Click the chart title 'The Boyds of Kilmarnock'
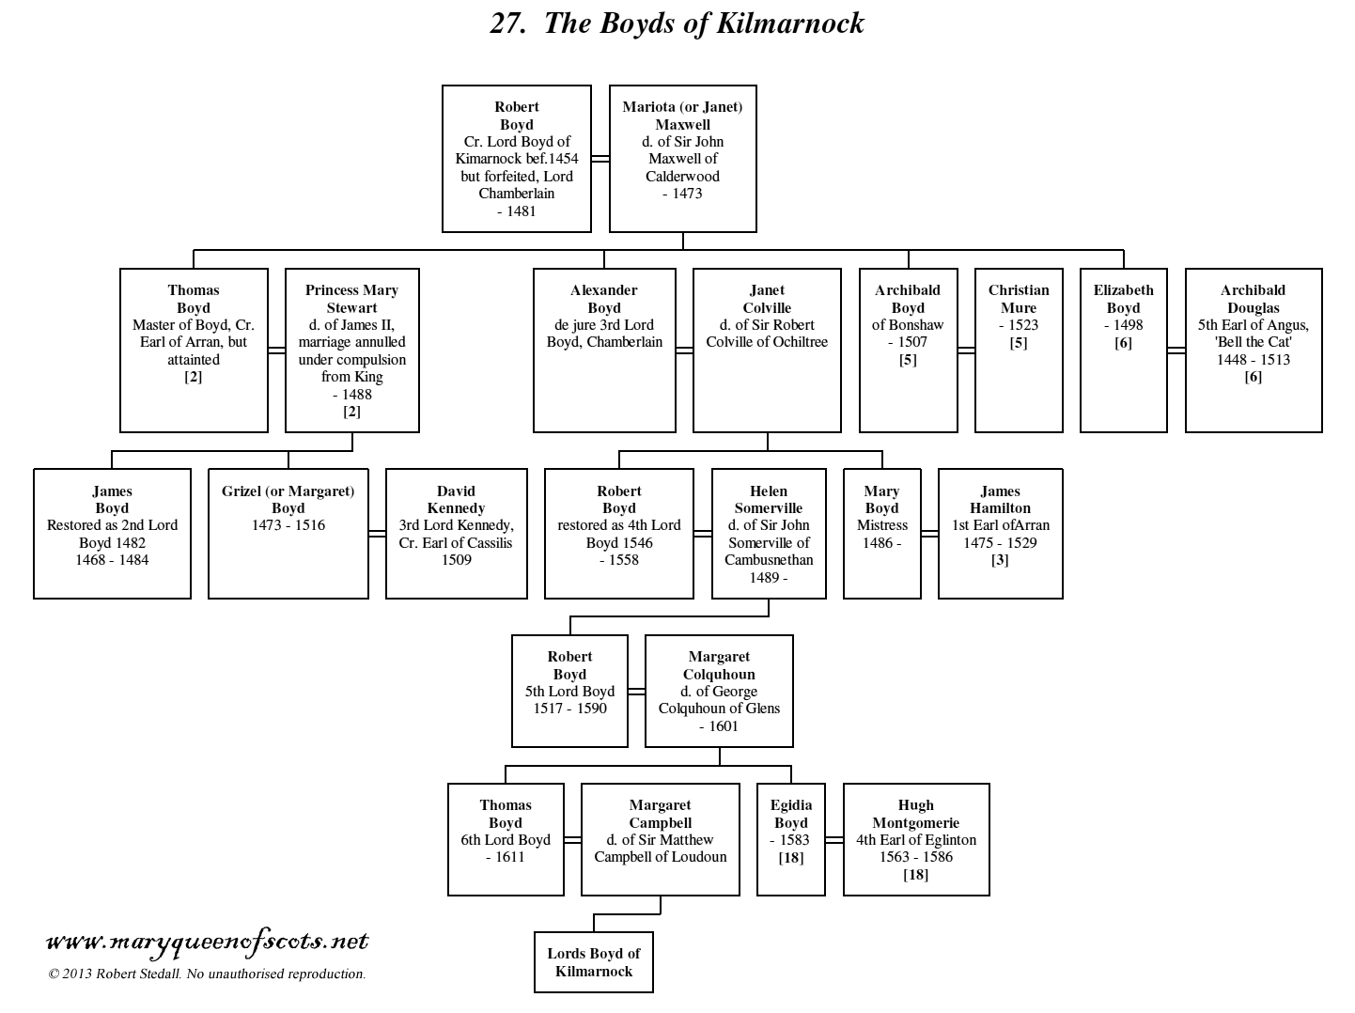[677, 23]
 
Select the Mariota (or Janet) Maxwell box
[682, 158]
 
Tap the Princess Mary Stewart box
[351, 350]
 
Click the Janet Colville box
[767, 350]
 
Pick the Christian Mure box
[1019, 350]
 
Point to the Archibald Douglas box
[1253, 350]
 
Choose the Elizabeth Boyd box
[1123, 350]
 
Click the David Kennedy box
[456, 533]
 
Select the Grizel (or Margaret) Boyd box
[288, 533]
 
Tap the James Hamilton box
[1000, 533]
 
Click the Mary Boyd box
[881, 533]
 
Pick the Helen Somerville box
[769, 533]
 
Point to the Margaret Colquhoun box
[719, 691]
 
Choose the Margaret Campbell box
[660, 839]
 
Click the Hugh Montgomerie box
[915, 839]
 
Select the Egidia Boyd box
[790, 839]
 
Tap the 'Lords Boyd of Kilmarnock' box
[593, 962]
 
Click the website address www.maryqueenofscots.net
[207, 942]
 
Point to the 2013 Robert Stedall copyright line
[207, 974]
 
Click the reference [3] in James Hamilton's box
[1000, 560]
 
